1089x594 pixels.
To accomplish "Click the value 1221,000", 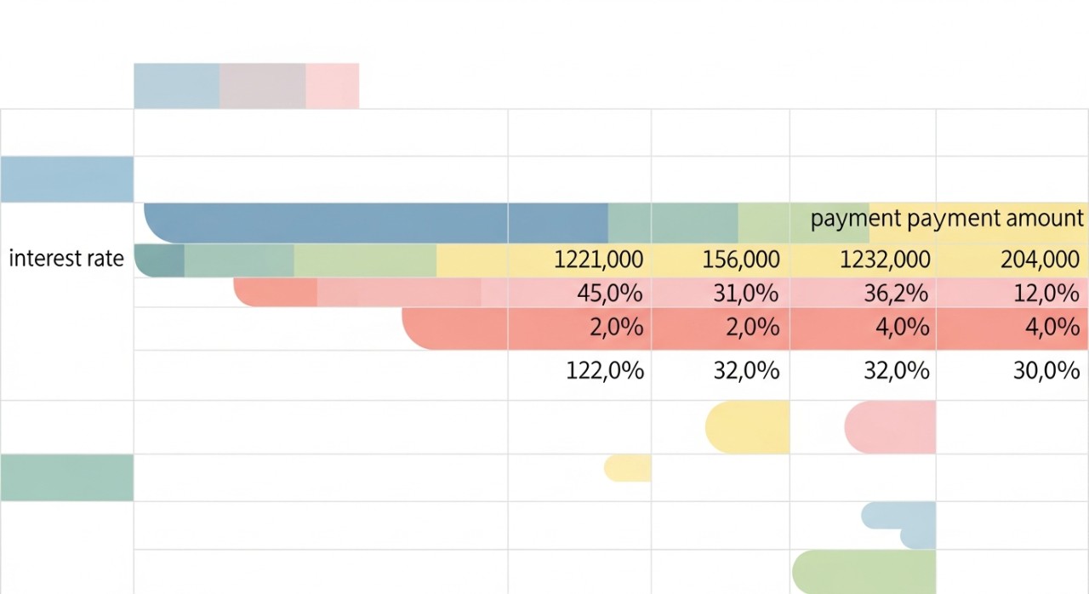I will click(598, 259).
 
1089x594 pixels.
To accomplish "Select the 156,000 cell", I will click(741, 259).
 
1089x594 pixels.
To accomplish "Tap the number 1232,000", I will click(885, 259).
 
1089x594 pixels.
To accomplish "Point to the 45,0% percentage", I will click(610, 294).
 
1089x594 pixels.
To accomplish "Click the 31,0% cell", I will click(745, 294).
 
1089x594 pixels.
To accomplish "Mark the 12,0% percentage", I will click(1047, 294).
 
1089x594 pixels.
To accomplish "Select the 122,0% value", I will click(605, 370).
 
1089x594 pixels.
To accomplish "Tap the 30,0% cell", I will click(1047, 370).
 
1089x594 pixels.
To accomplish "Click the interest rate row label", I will click(66, 259).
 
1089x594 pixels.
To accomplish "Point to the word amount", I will click(1045, 219).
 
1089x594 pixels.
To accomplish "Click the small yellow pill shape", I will click(628, 468).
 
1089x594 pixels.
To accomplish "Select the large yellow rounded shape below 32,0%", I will click(748, 427).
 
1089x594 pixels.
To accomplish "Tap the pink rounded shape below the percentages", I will click(891, 427).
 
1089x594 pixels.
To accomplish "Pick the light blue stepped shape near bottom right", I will click(902, 523).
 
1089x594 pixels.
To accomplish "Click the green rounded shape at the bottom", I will click(864, 572).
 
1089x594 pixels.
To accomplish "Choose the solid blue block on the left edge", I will click(66, 180).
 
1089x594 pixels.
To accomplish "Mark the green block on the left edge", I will click(66, 477).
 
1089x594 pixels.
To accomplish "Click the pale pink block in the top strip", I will click(332, 86).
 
